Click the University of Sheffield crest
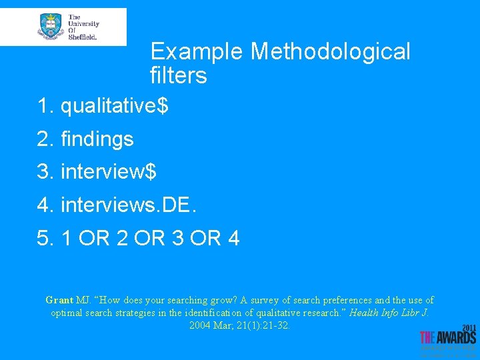pyautogui.click(x=51, y=27)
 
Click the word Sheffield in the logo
pyautogui.click(x=83, y=37)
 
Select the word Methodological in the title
pyautogui.click(x=331, y=51)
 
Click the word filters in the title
pyautogui.click(x=179, y=76)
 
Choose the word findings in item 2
pyautogui.click(x=97, y=139)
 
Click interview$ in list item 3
pyautogui.click(x=109, y=171)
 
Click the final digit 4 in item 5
pyautogui.click(x=233, y=237)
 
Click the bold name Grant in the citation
pyautogui.click(x=59, y=300)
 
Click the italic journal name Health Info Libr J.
pyautogui.click(x=389, y=313)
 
